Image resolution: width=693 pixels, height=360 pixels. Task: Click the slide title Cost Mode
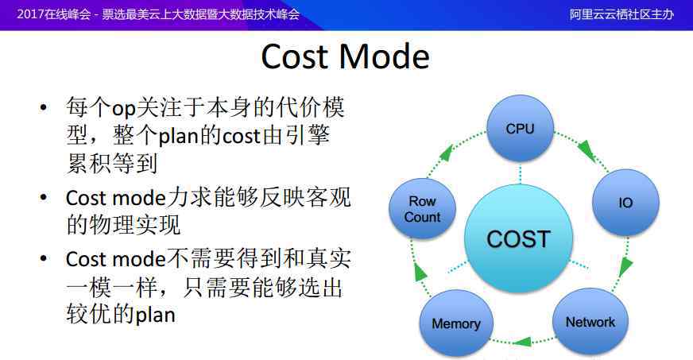(x=345, y=56)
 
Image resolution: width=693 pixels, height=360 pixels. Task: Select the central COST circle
(x=518, y=239)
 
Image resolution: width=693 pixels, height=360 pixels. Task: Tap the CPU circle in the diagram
(x=520, y=128)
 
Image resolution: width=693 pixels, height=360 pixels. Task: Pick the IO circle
(x=625, y=203)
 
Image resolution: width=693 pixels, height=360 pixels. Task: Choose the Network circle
(x=590, y=322)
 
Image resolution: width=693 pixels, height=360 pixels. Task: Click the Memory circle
(x=456, y=323)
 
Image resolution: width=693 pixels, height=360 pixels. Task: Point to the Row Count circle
(x=422, y=209)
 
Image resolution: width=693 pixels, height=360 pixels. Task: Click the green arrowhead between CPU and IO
(x=587, y=149)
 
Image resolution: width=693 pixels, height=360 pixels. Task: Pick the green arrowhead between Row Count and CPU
(x=447, y=153)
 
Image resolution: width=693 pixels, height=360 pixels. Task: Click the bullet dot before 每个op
(x=43, y=108)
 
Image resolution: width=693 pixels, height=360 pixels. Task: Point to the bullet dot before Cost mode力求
(x=43, y=198)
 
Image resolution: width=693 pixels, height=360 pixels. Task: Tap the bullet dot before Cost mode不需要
(x=43, y=258)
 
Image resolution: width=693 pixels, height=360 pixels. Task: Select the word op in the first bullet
(x=123, y=109)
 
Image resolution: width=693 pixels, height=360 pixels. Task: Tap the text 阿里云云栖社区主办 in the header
(x=621, y=14)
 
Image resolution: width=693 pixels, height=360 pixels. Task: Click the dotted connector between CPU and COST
(x=520, y=173)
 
